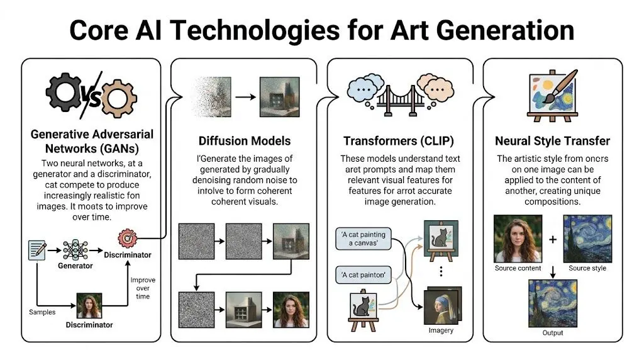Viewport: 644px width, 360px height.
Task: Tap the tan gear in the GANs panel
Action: [119, 99]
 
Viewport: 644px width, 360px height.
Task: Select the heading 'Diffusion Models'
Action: [245, 140]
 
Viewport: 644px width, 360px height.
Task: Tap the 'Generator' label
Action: [75, 266]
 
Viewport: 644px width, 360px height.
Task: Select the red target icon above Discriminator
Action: [128, 239]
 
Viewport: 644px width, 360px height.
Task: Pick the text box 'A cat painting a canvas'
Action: [364, 239]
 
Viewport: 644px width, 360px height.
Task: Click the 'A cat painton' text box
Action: [363, 275]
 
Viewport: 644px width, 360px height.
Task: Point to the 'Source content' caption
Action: [518, 268]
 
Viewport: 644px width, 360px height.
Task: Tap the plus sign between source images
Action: [553, 240]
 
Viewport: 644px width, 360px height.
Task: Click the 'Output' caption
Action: [553, 332]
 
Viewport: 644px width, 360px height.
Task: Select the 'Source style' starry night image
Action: [588, 239]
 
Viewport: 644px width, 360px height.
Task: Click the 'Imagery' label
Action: [441, 330]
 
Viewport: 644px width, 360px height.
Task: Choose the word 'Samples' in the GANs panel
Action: [42, 312]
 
